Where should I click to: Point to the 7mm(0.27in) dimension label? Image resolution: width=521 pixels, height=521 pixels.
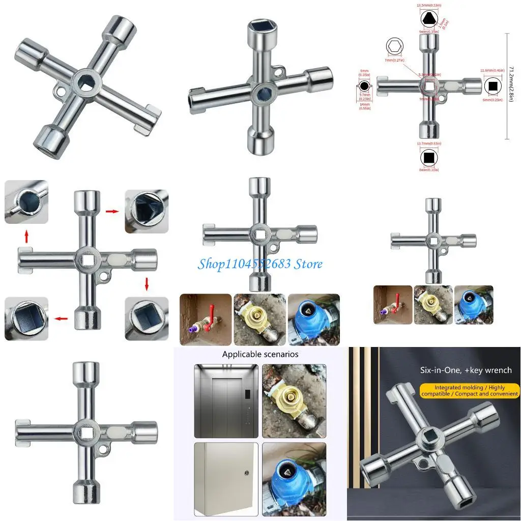(x=394, y=60)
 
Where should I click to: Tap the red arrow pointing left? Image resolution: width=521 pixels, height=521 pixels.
(x=61, y=319)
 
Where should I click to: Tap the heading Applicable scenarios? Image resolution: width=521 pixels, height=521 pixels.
(x=260, y=354)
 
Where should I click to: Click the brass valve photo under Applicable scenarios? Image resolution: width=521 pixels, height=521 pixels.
(x=294, y=400)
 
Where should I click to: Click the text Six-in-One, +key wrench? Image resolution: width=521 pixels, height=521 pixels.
(x=466, y=370)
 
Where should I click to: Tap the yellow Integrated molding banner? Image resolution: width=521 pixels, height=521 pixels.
(x=470, y=391)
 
